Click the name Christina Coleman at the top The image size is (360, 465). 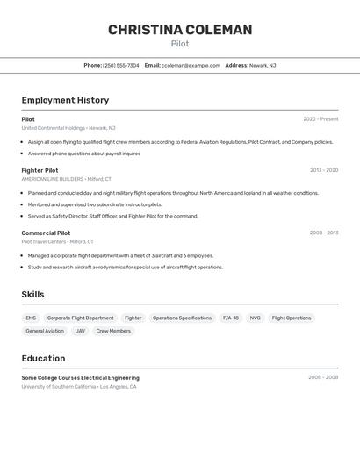[x=180, y=30]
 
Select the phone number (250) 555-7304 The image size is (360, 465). [x=121, y=66]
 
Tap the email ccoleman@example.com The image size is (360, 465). [x=191, y=66]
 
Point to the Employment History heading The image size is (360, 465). [x=65, y=100]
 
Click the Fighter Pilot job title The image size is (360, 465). [x=40, y=170]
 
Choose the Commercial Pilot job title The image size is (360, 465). [x=46, y=233]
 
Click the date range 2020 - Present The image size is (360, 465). [x=320, y=119]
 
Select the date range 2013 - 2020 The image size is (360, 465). [x=323, y=170]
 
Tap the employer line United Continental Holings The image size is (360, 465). [x=68, y=128]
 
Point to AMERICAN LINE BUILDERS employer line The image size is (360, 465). [x=66, y=179]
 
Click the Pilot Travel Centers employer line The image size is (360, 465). [x=57, y=241]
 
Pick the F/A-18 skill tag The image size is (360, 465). [x=231, y=318]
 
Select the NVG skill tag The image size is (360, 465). [x=255, y=318]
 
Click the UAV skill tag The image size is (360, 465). [x=80, y=331]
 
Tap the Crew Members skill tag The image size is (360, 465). [x=113, y=331]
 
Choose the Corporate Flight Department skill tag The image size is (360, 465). [x=80, y=318]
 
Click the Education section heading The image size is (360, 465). [x=43, y=358]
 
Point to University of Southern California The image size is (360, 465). [x=79, y=386]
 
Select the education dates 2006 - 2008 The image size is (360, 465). [x=322, y=377]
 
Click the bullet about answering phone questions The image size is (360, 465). [x=83, y=154]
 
